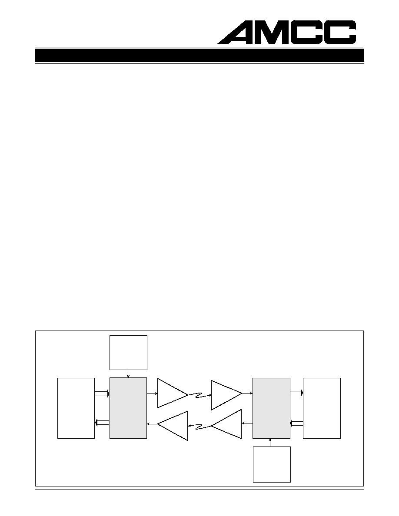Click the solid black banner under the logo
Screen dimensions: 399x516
[199, 56]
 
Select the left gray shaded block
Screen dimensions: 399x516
[128, 408]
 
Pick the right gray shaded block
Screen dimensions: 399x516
[271, 408]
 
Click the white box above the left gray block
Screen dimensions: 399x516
[128, 353]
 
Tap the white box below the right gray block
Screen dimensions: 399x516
[272, 464]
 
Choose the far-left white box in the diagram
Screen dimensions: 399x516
[76, 408]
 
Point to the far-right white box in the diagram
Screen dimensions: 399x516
[322, 408]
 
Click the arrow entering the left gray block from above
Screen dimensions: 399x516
[128, 374]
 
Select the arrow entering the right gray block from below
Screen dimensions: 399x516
[270, 443]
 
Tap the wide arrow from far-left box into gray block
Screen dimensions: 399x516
[102, 394]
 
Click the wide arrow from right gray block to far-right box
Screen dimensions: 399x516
[296, 393]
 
